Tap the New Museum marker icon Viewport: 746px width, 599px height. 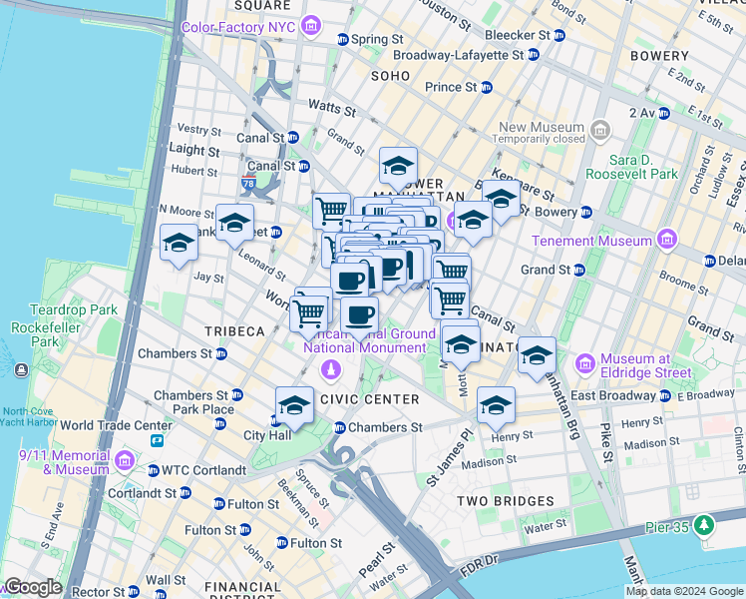(x=599, y=131)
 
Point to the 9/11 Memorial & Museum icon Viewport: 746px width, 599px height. (x=125, y=461)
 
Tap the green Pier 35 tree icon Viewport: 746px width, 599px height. (x=705, y=523)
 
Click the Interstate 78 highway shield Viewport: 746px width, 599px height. (x=249, y=184)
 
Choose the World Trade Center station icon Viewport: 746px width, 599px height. (x=157, y=440)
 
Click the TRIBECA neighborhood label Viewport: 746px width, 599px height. (x=234, y=331)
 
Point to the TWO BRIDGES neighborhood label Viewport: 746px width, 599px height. (x=505, y=501)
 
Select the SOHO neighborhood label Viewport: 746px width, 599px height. (x=390, y=76)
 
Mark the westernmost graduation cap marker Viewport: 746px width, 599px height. (x=180, y=243)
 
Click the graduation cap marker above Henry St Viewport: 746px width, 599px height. (x=496, y=405)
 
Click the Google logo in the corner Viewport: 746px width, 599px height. (x=33, y=587)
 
